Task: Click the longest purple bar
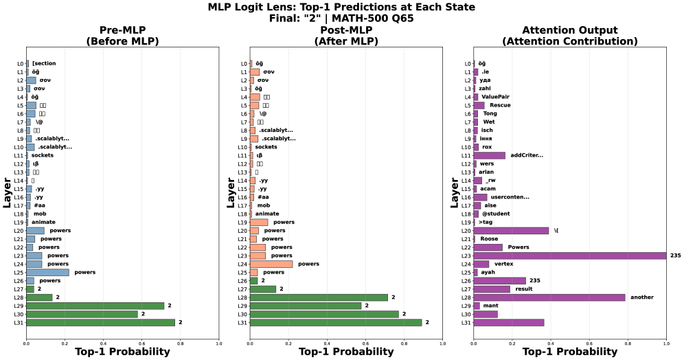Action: click(x=569, y=256)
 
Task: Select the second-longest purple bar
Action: click(x=549, y=297)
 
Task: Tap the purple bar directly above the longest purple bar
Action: click(x=488, y=247)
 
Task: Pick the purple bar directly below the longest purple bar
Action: click(x=481, y=264)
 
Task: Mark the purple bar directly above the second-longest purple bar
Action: click(x=491, y=289)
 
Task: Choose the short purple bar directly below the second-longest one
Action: click(x=477, y=306)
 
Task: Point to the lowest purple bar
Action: click(x=508, y=322)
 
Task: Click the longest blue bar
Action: click(x=47, y=272)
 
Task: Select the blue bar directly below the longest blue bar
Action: click(x=30, y=280)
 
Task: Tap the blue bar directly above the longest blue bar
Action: click(x=34, y=264)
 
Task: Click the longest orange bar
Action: click(x=271, y=264)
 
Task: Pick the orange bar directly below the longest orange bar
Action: click(x=253, y=272)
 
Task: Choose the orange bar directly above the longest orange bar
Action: click(x=258, y=256)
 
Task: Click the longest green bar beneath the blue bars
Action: click(x=100, y=322)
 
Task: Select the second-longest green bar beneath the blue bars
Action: click(x=95, y=306)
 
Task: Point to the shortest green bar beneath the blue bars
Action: click(x=30, y=289)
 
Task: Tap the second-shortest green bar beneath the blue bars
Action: click(x=39, y=297)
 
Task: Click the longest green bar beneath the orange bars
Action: click(x=335, y=322)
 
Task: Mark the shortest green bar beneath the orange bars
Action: click(x=253, y=280)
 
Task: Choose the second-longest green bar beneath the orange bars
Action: click(x=323, y=314)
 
